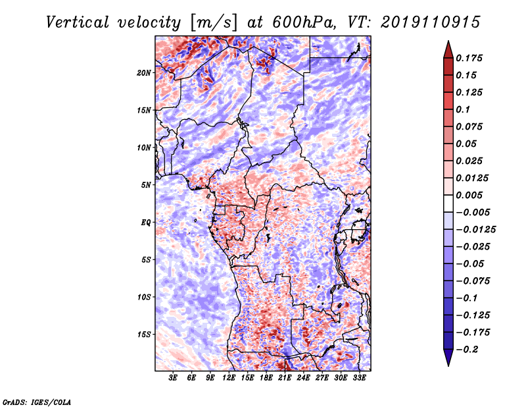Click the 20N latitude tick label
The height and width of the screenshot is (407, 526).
point(143,72)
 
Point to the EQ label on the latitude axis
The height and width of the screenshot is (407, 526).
point(146,222)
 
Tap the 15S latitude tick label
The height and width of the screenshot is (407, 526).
point(143,335)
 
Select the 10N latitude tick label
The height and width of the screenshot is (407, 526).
point(143,148)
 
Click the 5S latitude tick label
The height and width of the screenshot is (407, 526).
point(146,259)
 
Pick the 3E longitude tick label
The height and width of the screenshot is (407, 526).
point(173,377)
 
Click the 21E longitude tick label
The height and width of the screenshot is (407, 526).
point(285,377)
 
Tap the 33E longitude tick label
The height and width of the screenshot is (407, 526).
point(359,377)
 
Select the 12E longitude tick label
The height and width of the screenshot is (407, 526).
point(229,377)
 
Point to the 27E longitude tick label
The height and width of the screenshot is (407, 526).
point(322,377)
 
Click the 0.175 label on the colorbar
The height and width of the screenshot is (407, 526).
point(469,58)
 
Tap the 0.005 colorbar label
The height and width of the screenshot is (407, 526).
point(469,195)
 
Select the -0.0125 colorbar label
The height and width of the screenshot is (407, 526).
point(475,230)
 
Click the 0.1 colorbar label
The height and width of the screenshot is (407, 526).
point(463,109)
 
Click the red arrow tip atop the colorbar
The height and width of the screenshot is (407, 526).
point(448,41)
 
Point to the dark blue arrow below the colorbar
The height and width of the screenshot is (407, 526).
point(448,358)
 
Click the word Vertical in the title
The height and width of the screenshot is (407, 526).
point(78,22)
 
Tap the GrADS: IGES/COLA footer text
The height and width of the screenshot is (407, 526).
point(37,402)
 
